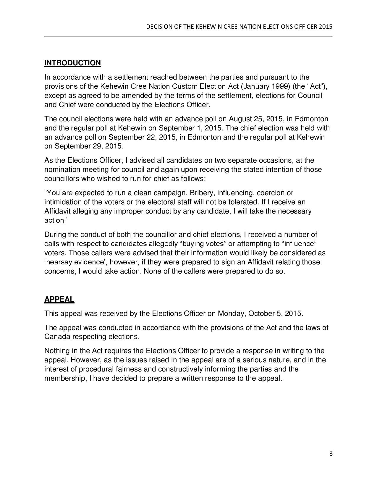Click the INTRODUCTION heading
point(72,63)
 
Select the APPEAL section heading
point(59,299)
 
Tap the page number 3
point(331,454)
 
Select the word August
point(240,119)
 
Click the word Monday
point(230,314)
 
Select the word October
point(260,314)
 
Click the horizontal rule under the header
point(188,36)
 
